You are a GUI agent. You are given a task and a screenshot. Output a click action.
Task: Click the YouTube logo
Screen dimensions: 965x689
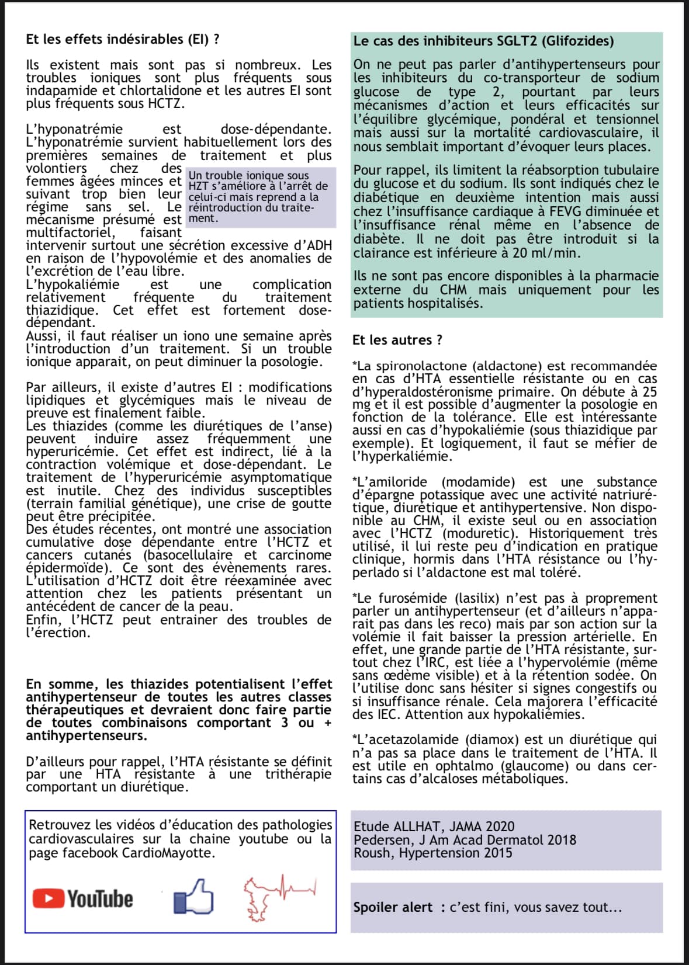pyautogui.click(x=82, y=898)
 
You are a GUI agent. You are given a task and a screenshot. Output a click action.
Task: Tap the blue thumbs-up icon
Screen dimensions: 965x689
pyautogui.click(x=193, y=897)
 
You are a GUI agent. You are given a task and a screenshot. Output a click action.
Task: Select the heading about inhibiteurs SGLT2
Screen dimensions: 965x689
pyautogui.click(x=483, y=41)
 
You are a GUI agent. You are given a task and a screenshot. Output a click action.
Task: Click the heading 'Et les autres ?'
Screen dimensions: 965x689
pyautogui.click(x=397, y=340)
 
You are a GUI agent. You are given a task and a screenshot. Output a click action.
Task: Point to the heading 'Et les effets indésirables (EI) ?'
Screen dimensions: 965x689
pyautogui.click(x=123, y=39)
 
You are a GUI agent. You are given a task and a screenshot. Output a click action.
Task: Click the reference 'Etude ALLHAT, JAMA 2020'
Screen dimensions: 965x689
pyautogui.click(x=434, y=826)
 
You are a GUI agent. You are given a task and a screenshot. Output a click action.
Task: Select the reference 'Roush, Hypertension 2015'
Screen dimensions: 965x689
pyautogui.click(x=432, y=853)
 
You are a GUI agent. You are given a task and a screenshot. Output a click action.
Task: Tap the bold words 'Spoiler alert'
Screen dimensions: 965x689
pyautogui.click(x=393, y=907)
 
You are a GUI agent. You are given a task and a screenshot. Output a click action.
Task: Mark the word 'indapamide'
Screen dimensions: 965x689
pyautogui.click(x=57, y=91)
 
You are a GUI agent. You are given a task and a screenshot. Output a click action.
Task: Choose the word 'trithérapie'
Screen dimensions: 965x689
pyautogui.click(x=298, y=774)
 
